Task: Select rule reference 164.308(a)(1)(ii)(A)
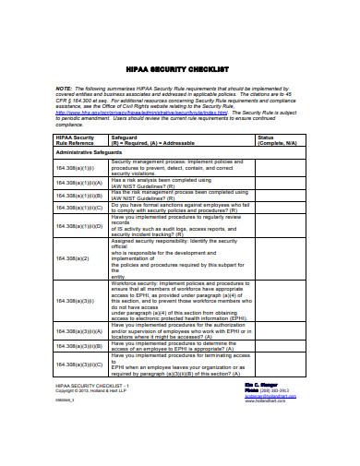coord(78,183)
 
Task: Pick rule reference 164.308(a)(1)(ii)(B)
coord(78,195)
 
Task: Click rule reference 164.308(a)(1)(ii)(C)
coord(78,208)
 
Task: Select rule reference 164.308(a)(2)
coord(72,257)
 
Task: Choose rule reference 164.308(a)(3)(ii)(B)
coord(78,345)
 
